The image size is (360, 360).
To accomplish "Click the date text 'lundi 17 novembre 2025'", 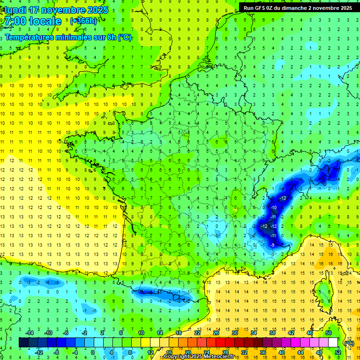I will [56, 10].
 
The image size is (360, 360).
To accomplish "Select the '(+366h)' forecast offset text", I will [83, 21].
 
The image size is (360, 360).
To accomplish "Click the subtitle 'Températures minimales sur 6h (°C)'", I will [68, 37].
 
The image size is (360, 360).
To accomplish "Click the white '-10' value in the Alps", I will [274, 207].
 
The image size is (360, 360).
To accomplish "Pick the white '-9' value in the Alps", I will [272, 245].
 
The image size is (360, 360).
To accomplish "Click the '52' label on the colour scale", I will [338, 352].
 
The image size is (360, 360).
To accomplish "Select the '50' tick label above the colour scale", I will [329, 332].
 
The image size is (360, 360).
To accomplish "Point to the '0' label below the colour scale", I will [93, 352].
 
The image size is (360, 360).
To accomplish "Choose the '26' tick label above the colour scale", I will [216, 332].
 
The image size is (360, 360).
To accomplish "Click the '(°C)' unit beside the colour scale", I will [349, 343].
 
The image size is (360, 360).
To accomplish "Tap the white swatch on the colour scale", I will [333, 343].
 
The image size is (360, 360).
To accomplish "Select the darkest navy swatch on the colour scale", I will [23, 343].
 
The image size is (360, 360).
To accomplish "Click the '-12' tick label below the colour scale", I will [38, 352].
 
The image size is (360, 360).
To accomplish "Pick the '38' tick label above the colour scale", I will [272, 332].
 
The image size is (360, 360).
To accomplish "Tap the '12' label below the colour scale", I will [150, 352].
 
